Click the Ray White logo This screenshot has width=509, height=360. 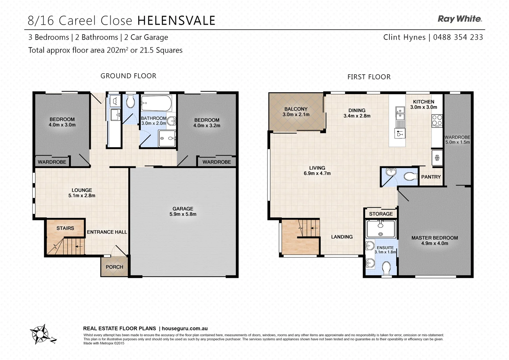[460, 19]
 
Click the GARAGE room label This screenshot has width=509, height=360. [183, 209]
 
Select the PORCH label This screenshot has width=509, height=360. [114, 267]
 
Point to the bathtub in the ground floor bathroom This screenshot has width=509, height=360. [156, 103]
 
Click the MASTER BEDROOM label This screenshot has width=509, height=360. [434, 238]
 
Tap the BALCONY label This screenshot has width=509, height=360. [296, 109]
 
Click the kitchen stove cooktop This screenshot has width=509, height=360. [437, 120]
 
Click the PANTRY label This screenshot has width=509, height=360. [431, 177]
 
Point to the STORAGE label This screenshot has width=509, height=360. [381, 214]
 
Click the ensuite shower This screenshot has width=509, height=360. [381, 229]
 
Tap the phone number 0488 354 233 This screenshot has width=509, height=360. [458, 37]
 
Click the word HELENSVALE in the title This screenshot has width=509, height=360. [176, 21]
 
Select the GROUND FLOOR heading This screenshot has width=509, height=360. [128, 76]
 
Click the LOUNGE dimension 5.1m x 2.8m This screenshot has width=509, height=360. [82, 196]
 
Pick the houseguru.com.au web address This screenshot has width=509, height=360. [185, 328]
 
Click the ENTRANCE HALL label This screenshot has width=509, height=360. [107, 232]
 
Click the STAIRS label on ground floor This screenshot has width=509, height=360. [65, 228]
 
